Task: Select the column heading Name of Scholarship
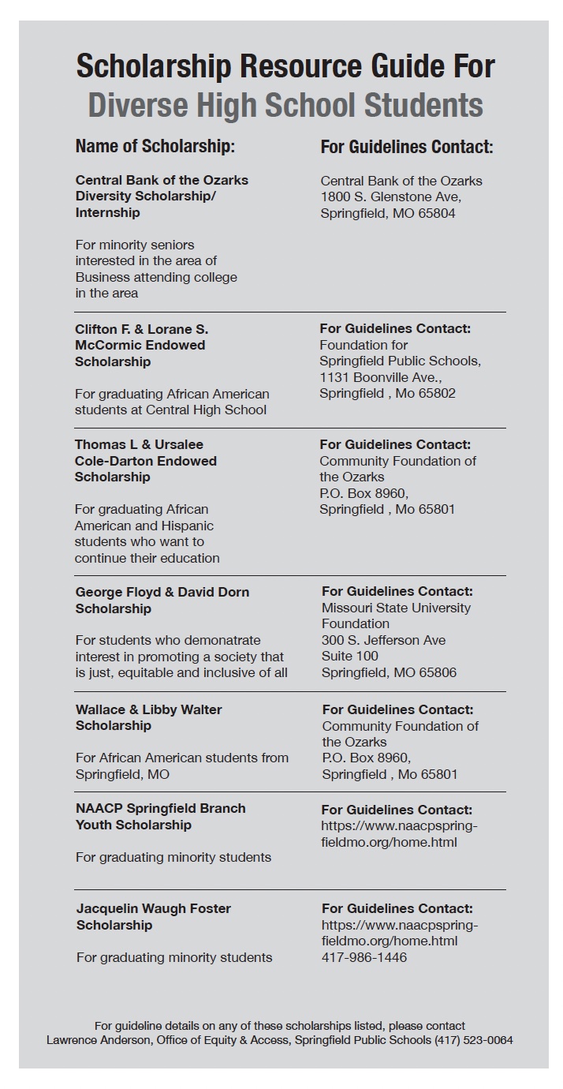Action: click(x=155, y=147)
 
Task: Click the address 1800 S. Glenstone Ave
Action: click(x=390, y=196)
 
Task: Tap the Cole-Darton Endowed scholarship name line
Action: click(x=145, y=461)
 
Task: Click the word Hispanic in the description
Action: click(x=187, y=526)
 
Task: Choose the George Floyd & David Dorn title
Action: click(x=162, y=592)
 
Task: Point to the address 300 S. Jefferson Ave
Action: click(x=383, y=640)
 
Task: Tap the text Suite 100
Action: click(x=349, y=656)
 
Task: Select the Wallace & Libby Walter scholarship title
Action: click(x=148, y=709)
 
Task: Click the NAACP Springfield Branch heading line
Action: click(x=160, y=808)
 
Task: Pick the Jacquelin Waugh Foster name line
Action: click(x=153, y=908)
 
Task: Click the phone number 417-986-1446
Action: click(x=364, y=957)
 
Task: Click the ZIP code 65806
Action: click(x=436, y=672)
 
